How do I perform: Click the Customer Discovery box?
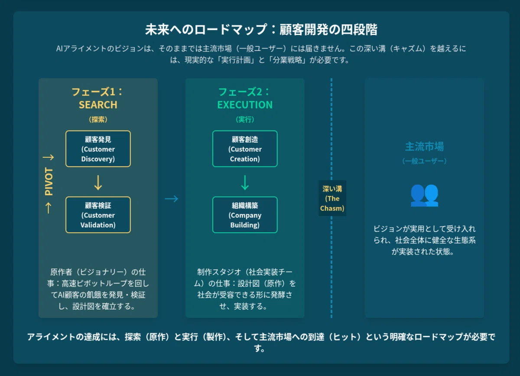pos(98,149)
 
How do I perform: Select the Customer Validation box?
pos(98,215)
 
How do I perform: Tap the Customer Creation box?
pos(245,149)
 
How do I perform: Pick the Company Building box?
pos(245,215)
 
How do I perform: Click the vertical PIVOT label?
pos(49,182)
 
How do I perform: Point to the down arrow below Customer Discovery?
pos(98,183)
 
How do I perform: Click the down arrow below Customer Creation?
pos(245,183)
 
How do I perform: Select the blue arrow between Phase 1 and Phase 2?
pos(172,199)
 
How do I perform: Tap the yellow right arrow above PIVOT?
pos(48,157)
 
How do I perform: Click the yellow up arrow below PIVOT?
pos(48,208)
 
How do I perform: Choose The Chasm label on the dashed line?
pos(332,198)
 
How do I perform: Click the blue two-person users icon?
pos(424,195)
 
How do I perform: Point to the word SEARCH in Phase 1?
pos(98,105)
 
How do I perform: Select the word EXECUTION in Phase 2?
pos(245,105)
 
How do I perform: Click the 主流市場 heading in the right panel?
pos(424,146)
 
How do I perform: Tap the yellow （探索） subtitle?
pos(98,120)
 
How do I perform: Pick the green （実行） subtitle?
pos(245,120)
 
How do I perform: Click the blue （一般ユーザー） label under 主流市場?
pos(424,161)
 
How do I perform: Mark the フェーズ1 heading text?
pos(94,92)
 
